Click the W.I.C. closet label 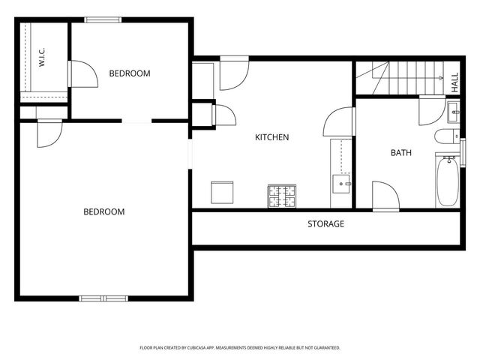point(42,57)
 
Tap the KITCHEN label point(271,137)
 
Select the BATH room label point(401,152)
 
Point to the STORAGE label point(325,223)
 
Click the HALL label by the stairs point(455,82)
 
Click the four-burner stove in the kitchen point(282,196)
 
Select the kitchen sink point(341,184)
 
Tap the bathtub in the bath point(448,181)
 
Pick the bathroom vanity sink point(453,112)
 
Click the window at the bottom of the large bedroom point(103,298)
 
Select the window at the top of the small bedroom point(103,20)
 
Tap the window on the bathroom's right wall point(463,153)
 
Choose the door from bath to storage point(385,196)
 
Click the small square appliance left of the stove point(222,192)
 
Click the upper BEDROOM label point(130,73)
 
